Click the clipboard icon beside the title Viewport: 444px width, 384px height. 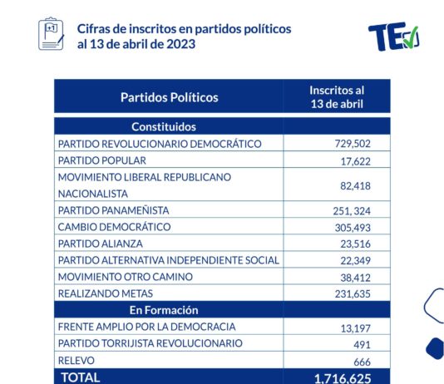(x=52, y=34)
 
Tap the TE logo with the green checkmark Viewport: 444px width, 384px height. (x=394, y=37)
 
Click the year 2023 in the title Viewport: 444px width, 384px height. (x=181, y=44)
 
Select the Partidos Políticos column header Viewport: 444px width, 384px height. (x=170, y=97)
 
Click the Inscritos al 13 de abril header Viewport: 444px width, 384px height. (x=337, y=97)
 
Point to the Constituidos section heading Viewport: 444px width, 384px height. (x=164, y=127)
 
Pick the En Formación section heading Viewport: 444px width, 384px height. (x=164, y=310)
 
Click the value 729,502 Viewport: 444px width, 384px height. (x=353, y=144)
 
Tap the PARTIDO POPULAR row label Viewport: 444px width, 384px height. (x=102, y=160)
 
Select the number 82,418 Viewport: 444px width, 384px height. (x=355, y=186)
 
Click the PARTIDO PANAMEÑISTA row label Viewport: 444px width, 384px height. (x=114, y=210)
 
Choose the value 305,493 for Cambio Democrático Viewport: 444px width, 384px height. (x=353, y=228)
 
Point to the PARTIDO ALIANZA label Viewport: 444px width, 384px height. (x=101, y=244)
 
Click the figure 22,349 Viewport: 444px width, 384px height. (x=355, y=260)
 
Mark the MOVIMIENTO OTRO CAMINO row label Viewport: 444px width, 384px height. (x=126, y=277)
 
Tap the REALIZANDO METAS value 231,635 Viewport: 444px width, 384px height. (x=353, y=294)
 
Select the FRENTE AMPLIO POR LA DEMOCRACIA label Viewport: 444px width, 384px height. (x=146, y=327)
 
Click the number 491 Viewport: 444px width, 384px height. (x=362, y=345)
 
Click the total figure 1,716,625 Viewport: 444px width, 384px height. (x=343, y=378)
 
